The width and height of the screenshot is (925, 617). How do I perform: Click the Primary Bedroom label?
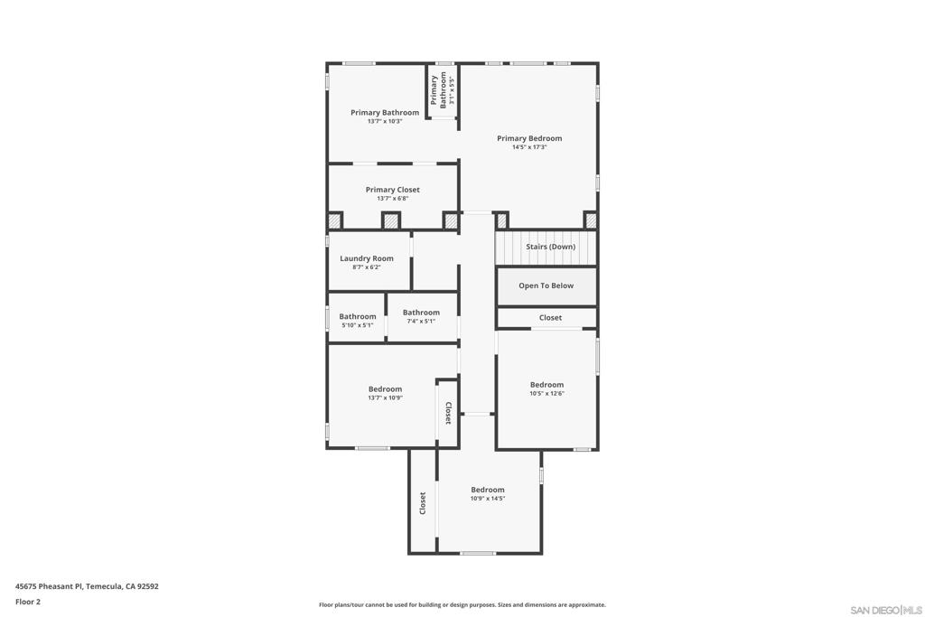529,138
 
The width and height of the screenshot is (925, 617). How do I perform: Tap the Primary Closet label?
392,190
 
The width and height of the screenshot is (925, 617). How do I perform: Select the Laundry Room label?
367,258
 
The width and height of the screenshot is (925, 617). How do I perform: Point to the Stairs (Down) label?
550,247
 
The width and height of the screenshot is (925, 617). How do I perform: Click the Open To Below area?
547,286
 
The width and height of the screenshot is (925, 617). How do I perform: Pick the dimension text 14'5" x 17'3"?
529,147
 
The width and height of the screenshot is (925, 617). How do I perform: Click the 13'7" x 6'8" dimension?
392,199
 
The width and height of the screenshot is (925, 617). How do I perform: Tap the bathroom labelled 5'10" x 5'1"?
357,318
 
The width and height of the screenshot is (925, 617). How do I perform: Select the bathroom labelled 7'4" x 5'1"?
422,317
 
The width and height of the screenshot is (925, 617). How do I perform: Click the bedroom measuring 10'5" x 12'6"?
547,388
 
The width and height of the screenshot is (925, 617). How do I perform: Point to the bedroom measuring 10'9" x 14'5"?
489,494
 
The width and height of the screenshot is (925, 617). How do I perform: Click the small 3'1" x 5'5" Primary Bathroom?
443,90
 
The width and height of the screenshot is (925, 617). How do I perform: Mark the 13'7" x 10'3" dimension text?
385,122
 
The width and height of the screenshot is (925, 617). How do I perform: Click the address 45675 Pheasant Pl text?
50,586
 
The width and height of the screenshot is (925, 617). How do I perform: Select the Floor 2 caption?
28,602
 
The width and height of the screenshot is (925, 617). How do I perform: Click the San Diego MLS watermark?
886,610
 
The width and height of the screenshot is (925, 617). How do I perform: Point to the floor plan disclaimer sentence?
462,604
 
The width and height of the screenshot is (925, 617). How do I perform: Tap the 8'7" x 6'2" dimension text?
367,267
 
